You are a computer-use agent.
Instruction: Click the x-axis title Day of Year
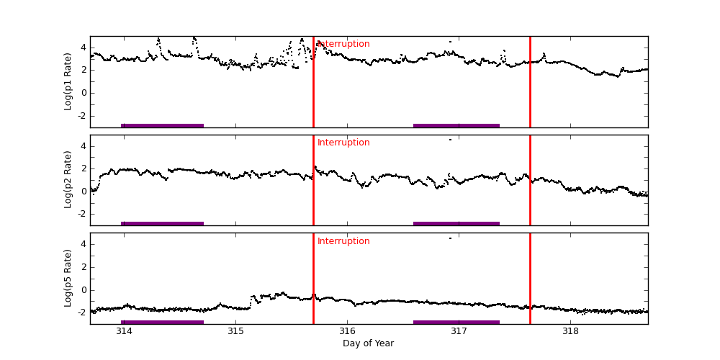click(368, 343)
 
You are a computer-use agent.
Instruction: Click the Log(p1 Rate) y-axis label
click(68, 81)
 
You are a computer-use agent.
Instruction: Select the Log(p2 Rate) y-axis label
click(68, 179)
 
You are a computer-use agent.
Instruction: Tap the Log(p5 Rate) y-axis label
click(68, 278)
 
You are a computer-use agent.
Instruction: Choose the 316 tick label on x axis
click(347, 331)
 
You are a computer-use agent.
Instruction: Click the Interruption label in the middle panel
click(343, 143)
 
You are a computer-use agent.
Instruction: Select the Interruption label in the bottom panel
click(343, 241)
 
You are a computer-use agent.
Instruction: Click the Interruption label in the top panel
click(343, 44)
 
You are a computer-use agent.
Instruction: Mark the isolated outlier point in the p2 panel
click(451, 139)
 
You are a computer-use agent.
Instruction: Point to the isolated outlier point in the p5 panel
click(451, 238)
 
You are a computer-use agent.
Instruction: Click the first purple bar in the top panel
click(162, 125)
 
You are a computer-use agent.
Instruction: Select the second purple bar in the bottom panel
click(456, 322)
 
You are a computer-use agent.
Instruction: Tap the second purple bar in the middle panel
click(456, 223)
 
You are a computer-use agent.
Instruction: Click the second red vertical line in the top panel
click(530, 81)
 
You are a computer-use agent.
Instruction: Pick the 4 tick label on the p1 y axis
click(83, 48)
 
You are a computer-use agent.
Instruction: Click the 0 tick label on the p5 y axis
click(83, 290)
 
